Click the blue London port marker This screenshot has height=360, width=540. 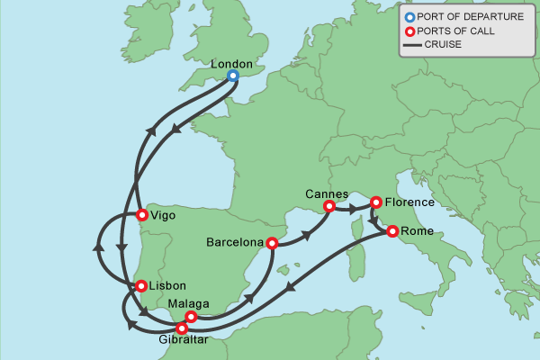click(x=232, y=76)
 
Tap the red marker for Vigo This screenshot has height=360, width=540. click(x=141, y=214)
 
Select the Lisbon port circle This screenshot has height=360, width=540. click(x=141, y=286)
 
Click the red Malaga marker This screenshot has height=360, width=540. click(x=191, y=317)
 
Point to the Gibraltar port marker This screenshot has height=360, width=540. click(x=183, y=328)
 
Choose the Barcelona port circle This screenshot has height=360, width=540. click(x=272, y=242)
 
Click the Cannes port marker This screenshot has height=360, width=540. click(x=328, y=206)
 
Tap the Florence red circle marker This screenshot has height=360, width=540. click(x=376, y=202)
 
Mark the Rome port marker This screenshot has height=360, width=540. click(x=392, y=231)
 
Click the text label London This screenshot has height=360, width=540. click(x=229, y=64)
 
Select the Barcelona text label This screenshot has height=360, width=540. click(x=235, y=242)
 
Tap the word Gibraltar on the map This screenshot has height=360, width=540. click(x=182, y=342)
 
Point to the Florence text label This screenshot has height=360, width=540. click(x=410, y=202)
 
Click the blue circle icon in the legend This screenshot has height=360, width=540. click(x=409, y=16)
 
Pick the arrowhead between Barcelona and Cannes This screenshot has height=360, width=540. click(x=309, y=234)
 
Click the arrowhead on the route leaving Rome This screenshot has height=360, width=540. click(x=289, y=290)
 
